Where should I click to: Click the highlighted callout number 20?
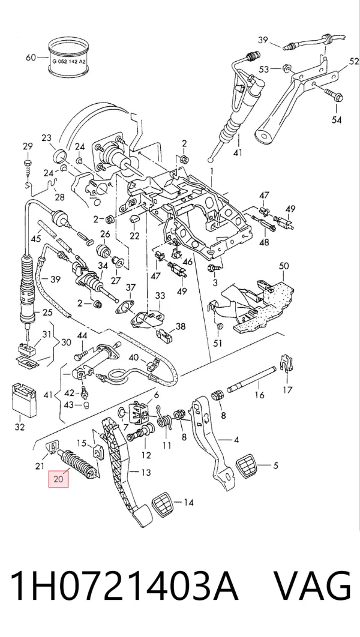pyautogui.click(x=59, y=479)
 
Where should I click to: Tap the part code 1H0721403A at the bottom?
pyautogui.click(x=124, y=586)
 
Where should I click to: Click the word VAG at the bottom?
pyautogui.click(x=311, y=586)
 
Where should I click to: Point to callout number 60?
pyautogui.click(x=31, y=57)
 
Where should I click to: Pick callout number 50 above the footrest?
pyautogui.click(x=284, y=266)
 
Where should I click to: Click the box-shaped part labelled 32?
pyautogui.click(x=24, y=400)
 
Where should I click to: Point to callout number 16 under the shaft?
pyautogui.click(x=259, y=395)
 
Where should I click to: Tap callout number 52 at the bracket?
pyautogui.click(x=354, y=61)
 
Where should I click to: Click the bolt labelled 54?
pyautogui.click(x=333, y=95)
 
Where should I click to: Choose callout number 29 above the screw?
pyautogui.click(x=27, y=146)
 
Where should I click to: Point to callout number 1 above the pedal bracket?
pyautogui.click(x=211, y=172)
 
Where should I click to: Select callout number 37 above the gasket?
pyautogui.click(x=130, y=288)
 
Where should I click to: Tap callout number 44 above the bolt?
pyautogui.click(x=82, y=335)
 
